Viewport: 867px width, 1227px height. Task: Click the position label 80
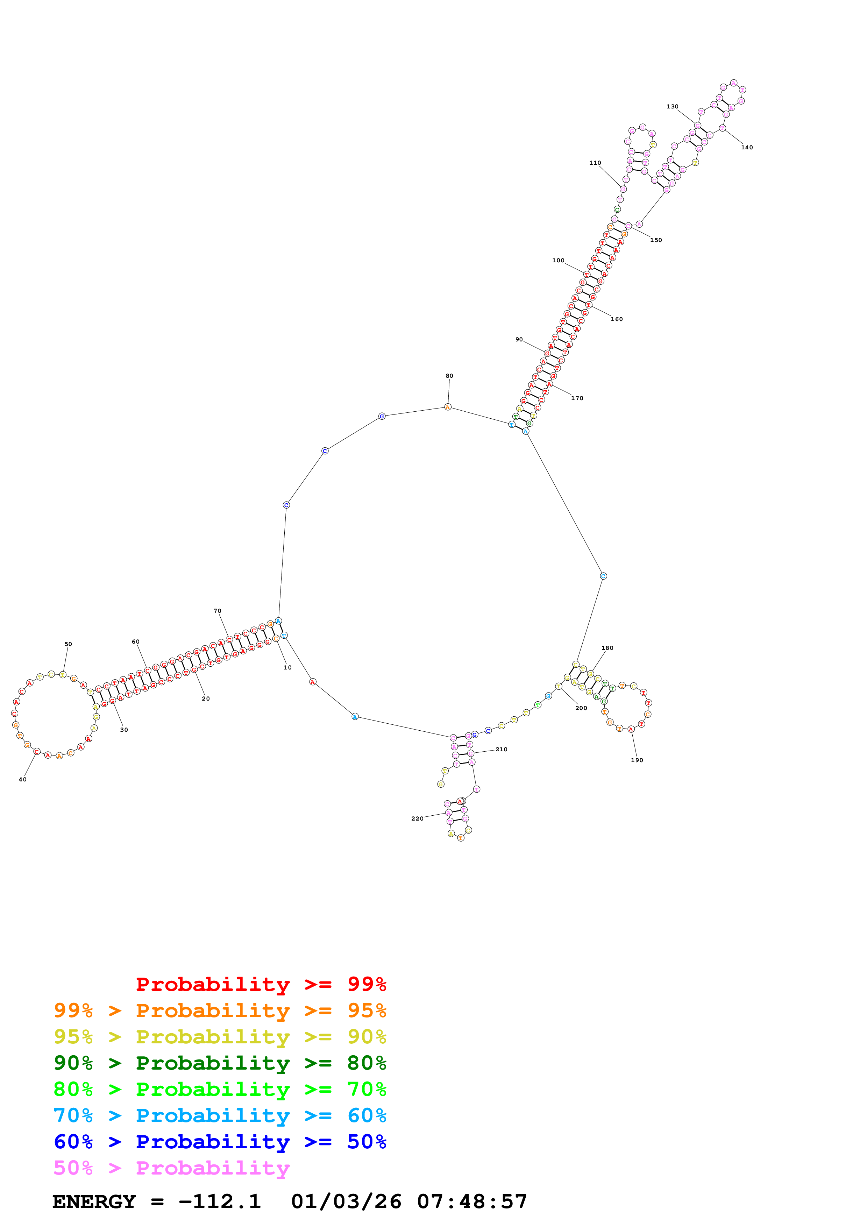[449, 376]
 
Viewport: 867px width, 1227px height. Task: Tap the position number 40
[22, 780]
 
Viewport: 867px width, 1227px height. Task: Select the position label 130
[672, 106]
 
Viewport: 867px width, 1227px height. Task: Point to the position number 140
[747, 148]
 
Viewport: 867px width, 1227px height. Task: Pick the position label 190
[637, 760]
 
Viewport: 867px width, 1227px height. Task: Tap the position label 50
[68, 644]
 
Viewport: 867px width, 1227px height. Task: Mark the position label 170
[577, 398]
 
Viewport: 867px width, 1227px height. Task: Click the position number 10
[287, 667]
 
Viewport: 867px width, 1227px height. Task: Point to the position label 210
[501, 749]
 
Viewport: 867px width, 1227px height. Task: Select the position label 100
[558, 260]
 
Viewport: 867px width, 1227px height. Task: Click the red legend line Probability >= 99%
[261, 984]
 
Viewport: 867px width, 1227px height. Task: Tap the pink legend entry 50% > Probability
[171, 1168]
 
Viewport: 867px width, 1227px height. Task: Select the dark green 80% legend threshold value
[367, 1063]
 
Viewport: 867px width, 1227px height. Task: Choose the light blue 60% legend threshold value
[367, 1115]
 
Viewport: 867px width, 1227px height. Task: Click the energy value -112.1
[220, 1202]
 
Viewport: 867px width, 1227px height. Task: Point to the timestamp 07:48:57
[472, 1202]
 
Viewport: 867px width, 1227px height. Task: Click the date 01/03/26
[346, 1202]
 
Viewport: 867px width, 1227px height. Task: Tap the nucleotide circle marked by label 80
[448, 407]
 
